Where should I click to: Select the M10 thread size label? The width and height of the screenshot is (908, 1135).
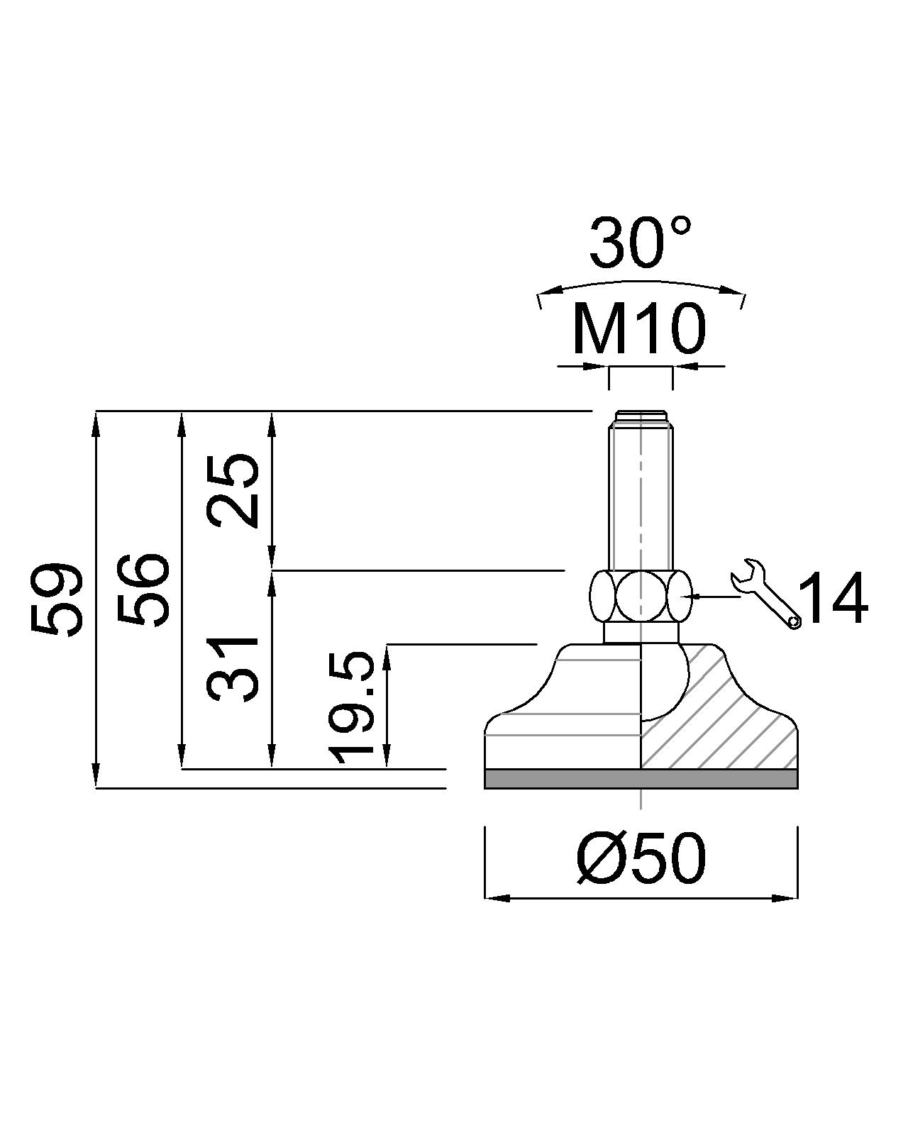click(639, 329)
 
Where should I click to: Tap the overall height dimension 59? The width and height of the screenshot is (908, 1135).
click(57, 599)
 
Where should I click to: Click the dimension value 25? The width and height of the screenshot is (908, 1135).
click(233, 490)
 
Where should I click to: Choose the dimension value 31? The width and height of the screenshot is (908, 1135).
click(233, 669)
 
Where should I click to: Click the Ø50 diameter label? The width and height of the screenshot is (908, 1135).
click(641, 858)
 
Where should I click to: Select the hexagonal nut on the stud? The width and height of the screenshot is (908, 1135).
click(641, 596)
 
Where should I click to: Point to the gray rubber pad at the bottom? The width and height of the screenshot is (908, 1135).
click(641, 779)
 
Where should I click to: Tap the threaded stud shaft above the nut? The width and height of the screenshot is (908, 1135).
click(641, 497)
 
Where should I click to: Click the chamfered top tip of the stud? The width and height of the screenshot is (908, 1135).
click(641, 416)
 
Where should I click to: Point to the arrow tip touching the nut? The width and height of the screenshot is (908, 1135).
click(696, 597)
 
